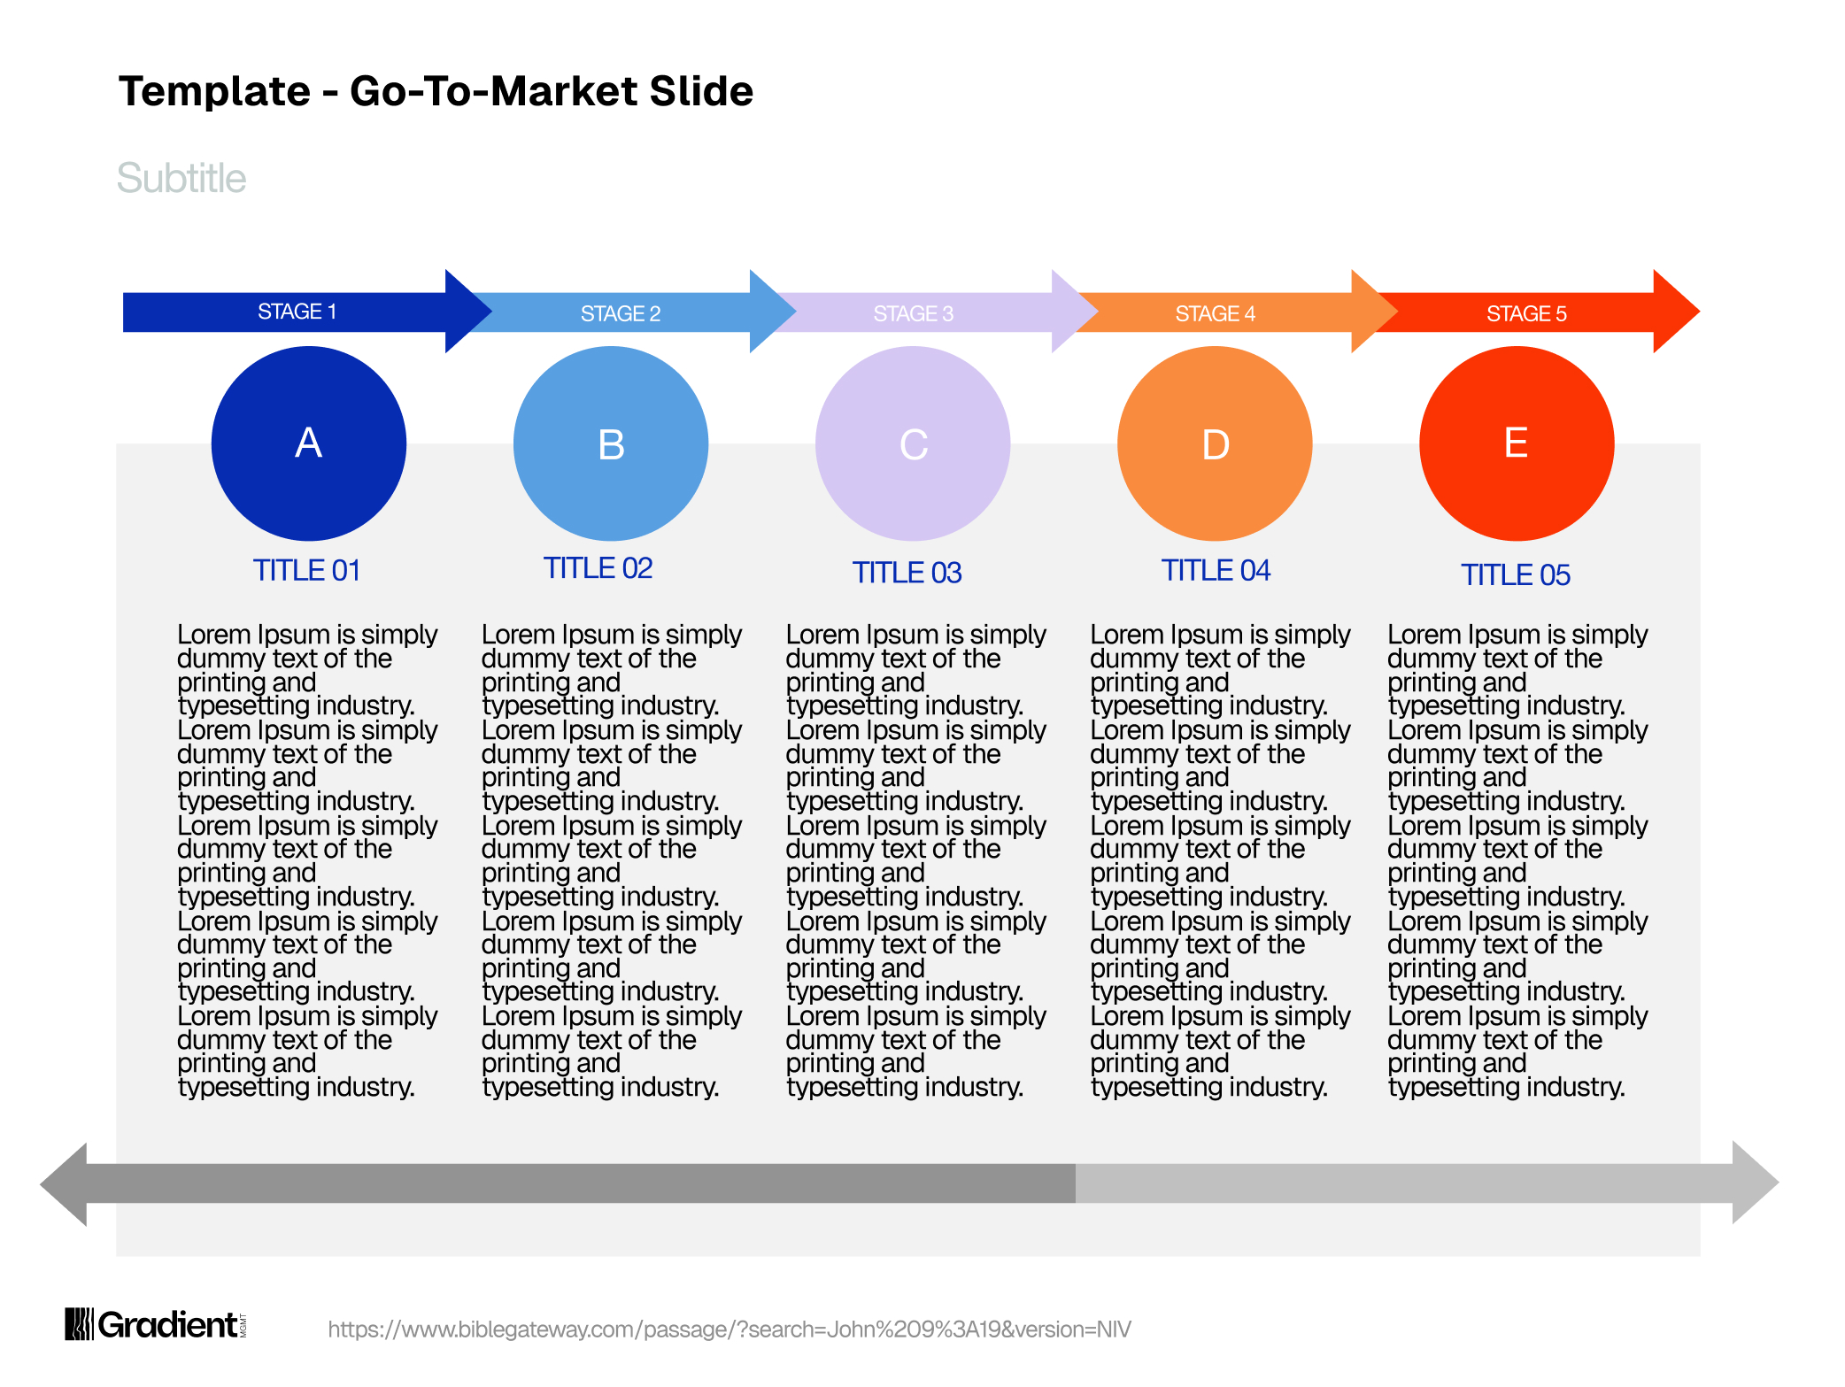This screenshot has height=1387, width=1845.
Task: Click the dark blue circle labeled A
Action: (x=309, y=443)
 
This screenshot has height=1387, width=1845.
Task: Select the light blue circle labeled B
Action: (x=611, y=443)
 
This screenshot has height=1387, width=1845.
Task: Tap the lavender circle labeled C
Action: (x=913, y=443)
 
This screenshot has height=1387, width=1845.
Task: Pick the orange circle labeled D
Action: (x=1215, y=443)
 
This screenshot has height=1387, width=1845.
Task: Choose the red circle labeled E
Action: (x=1517, y=443)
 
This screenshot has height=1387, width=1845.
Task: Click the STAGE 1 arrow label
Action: (x=297, y=312)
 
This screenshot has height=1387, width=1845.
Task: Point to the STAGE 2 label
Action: (x=621, y=313)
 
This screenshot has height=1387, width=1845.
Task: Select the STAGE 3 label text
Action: (x=914, y=313)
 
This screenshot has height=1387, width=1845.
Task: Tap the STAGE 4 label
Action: (x=1216, y=313)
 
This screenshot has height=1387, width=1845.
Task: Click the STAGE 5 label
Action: (x=1527, y=313)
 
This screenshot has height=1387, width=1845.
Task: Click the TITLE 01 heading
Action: (x=307, y=571)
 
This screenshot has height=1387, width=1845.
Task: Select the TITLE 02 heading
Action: (x=598, y=568)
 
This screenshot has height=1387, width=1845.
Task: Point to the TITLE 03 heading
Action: (x=907, y=573)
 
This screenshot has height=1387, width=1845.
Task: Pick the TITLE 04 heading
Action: (x=1216, y=571)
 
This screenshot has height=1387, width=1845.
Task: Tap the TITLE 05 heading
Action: (x=1516, y=575)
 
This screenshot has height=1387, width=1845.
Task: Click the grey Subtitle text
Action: (x=181, y=179)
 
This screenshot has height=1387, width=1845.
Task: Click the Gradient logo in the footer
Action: (x=156, y=1324)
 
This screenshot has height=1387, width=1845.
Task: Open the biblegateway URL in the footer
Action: (x=730, y=1329)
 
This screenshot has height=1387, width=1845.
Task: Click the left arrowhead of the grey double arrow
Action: (x=64, y=1184)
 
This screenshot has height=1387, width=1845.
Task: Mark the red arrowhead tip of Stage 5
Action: (x=1700, y=312)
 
